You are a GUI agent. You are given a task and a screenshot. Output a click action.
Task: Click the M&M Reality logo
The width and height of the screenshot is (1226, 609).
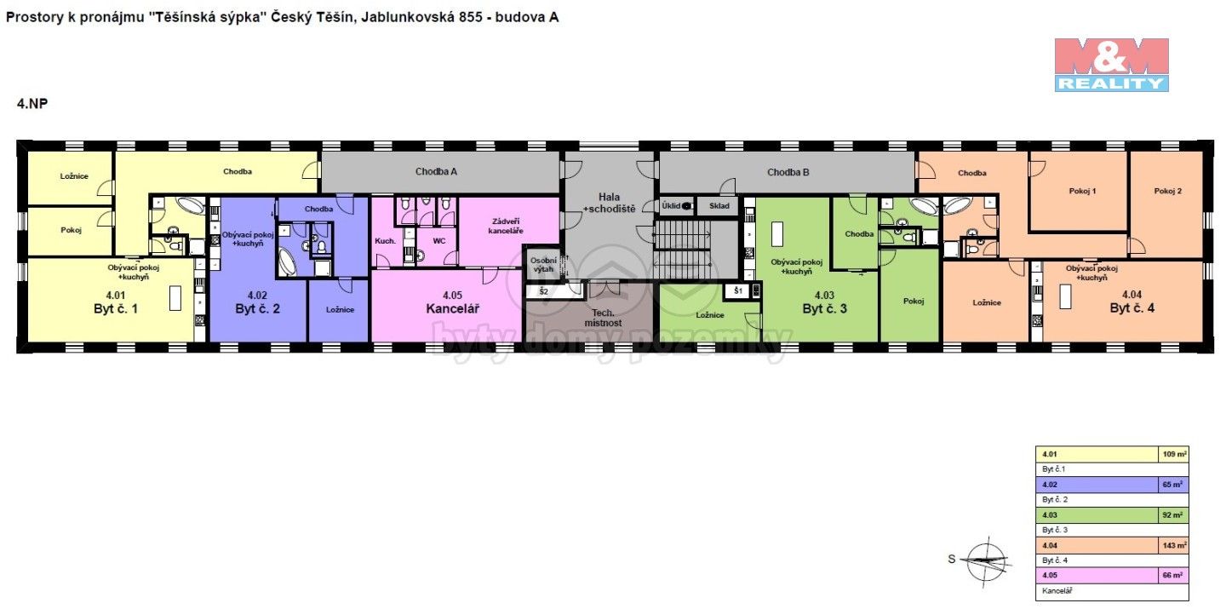click(x=1111, y=64)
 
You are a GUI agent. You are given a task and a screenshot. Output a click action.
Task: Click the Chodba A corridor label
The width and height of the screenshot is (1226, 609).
click(x=436, y=171)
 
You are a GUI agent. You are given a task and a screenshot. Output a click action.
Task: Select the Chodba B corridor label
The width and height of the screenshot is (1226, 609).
click(x=788, y=172)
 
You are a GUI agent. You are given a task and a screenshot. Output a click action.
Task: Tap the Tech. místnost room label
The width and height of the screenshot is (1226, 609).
click(x=607, y=318)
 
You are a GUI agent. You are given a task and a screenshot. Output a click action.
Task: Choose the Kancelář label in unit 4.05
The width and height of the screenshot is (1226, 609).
click(x=452, y=308)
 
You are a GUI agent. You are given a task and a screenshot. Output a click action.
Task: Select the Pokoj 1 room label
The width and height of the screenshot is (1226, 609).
click(x=1082, y=192)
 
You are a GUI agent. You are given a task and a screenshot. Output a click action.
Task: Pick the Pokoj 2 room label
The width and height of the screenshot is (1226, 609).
click(x=1167, y=192)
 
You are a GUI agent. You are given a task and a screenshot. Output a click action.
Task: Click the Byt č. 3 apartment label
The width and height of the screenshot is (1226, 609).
click(x=824, y=308)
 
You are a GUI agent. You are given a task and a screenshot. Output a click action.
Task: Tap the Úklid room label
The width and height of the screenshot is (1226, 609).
click(x=672, y=206)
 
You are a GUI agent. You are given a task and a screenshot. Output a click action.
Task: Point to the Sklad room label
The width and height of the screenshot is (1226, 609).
click(x=719, y=206)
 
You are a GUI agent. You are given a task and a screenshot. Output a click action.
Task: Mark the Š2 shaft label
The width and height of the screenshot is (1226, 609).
click(x=543, y=291)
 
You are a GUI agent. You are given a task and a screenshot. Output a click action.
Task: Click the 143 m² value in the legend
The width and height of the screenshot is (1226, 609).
click(x=1175, y=546)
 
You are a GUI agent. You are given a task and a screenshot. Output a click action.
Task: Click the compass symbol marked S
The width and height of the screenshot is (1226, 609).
click(x=985, y=559)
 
